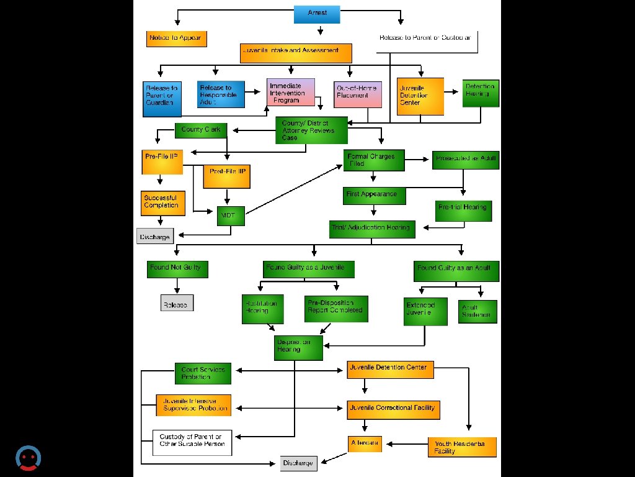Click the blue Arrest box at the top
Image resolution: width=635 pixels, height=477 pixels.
[x=317, y=14]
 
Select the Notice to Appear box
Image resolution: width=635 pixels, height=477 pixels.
[x=176, y=39]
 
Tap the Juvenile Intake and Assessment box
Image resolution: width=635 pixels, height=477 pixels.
[x=296, y=53]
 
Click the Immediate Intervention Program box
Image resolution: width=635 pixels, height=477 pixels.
[x=291, y=93]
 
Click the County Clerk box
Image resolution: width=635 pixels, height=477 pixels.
[x=201, y=130]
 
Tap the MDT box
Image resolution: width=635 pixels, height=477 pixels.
[x=230, y=216]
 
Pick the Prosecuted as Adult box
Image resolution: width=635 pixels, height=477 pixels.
[x=466, y=160]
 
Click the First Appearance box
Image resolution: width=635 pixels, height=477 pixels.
[x=375, y=195]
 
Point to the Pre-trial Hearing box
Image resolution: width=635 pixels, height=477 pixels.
[x=463, y=210]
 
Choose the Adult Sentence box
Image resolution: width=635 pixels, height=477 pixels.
[x=477, y=312]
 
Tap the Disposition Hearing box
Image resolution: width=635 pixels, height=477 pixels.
[x=298, y=348]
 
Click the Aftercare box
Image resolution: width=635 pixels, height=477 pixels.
[x=364, y=443]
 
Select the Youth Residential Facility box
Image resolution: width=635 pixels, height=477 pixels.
[x=462, y=447]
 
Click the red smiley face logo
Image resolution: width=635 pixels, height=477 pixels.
[x=28, y=458]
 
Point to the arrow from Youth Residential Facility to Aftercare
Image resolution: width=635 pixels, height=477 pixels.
[x=408, y=443]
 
